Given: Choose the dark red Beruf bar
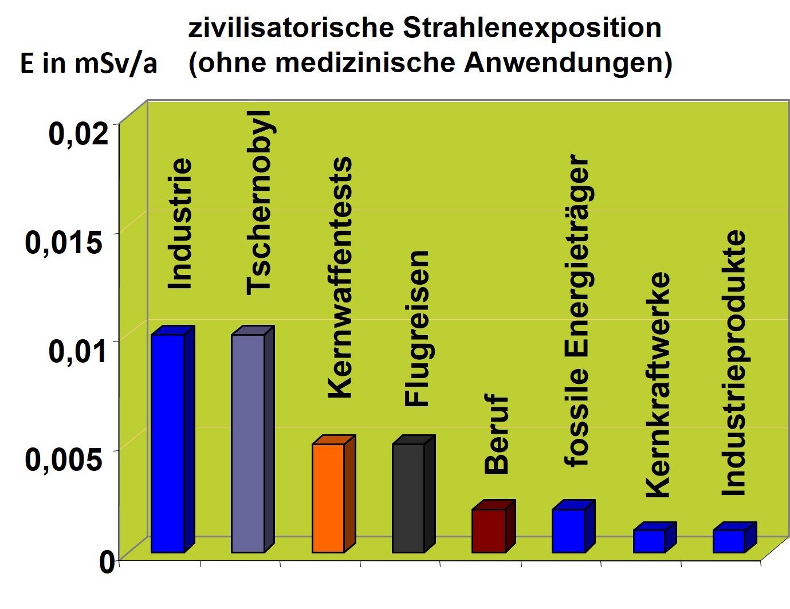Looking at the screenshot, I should [488, 530].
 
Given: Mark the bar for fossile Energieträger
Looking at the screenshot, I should [569, 530].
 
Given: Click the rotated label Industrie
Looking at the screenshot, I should [180, 223].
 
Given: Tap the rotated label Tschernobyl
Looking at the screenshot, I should [260, 203].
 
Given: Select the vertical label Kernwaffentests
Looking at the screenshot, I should [340, 277].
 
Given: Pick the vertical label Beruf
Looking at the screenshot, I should [497, 434].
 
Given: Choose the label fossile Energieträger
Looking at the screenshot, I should [577, 310].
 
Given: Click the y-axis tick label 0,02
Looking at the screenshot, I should [78, 133].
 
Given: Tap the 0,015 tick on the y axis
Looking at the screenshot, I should [64, 242].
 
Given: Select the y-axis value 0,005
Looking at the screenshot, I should [65, 459].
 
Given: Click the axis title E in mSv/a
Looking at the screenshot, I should [88, 63].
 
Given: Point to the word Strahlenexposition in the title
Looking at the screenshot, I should [532, 27].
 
